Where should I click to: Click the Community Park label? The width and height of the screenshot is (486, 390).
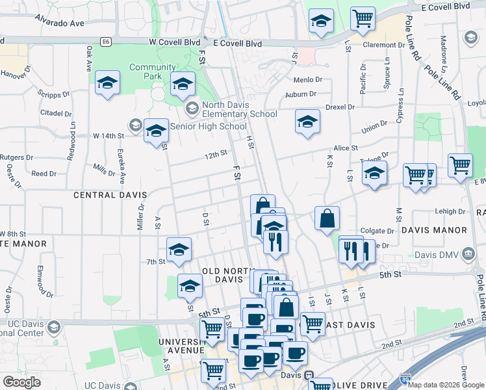pos(153,71)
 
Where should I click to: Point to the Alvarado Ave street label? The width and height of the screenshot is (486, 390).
pos(60,23)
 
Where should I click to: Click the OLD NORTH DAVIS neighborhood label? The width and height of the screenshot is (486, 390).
pos(223,275)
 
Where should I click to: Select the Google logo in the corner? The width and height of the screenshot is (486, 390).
pos(21,382)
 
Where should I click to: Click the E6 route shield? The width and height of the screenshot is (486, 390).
pos(106,42)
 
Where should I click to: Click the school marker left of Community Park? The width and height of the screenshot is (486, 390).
pos(107,83)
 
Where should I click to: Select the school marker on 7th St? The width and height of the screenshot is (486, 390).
pos(179,249)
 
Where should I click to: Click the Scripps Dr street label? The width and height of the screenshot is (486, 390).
pos(54,94)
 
